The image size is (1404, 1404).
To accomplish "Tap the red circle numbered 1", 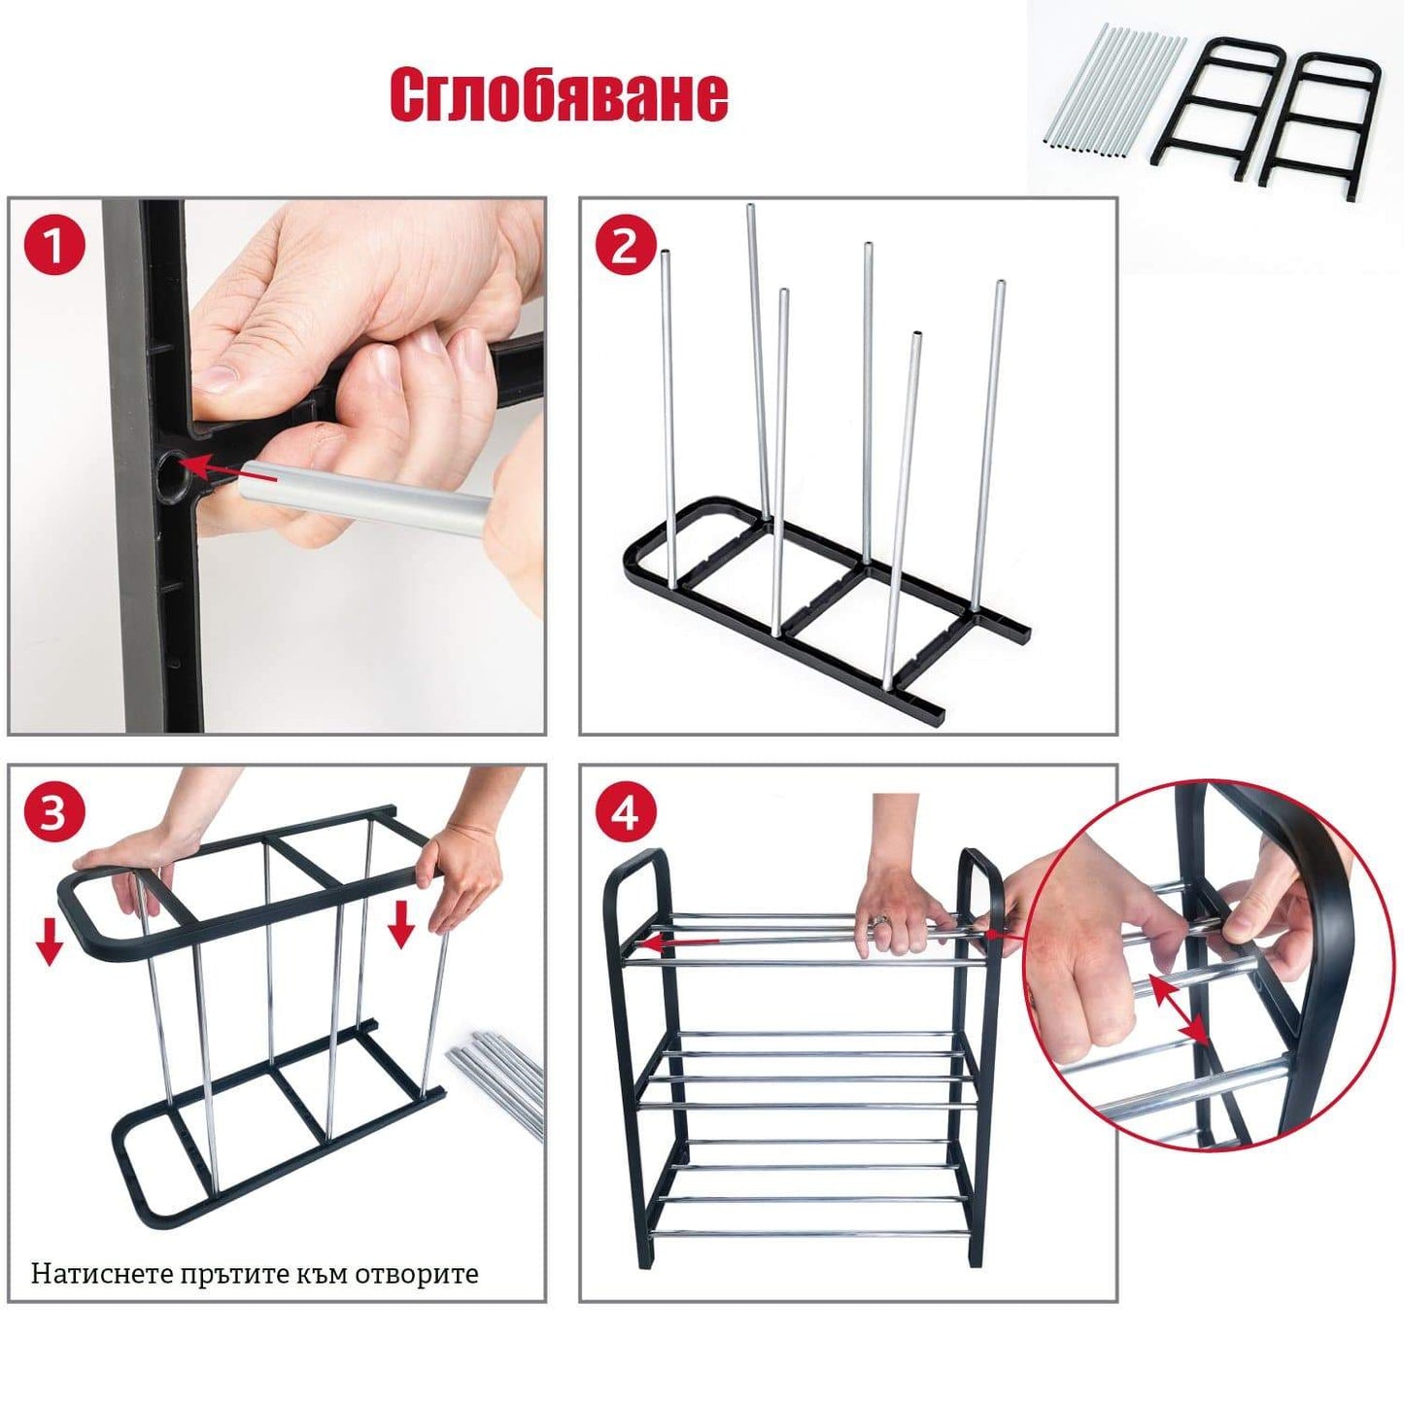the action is click(x=53, y=246).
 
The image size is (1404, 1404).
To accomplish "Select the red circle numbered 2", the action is click(x=625, y=246).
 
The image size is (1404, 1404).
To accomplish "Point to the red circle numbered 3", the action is click(x=53, y=814).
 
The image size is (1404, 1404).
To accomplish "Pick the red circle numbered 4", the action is click(x=625, y=814).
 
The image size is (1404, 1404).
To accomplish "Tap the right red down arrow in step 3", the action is click(x=400, y=923).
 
